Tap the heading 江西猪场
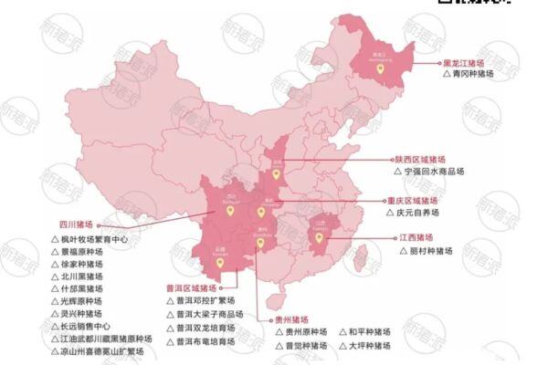tap(415, 236)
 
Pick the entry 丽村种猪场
tap(422, 251)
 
